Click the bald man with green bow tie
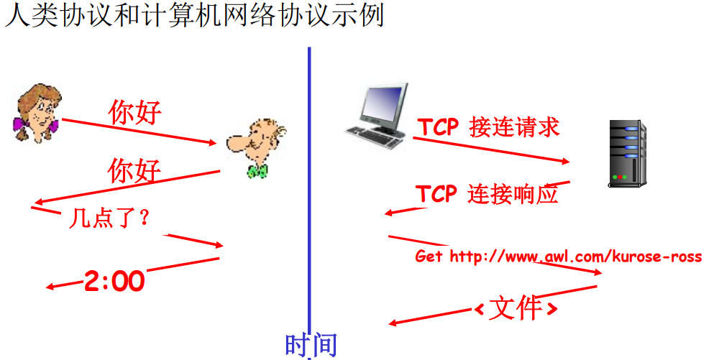click(x=256, y=147)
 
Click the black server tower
click(x=627, y=153)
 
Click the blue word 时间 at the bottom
click(x=311, y=345)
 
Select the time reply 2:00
click(x=115, y=281)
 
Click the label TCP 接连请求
click(x=488, y=127)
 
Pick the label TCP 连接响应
click(x=487, y=194)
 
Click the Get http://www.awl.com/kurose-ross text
click(x=558, y=257)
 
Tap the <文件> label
click(x=516, y=309)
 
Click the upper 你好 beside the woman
click(x=134, y=112)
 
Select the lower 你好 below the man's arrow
click(x=134, y=171)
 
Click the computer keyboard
click(x=375, y=136)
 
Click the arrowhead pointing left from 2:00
click(x=50, y=287)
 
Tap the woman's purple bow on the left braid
click(x=20, y=124)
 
